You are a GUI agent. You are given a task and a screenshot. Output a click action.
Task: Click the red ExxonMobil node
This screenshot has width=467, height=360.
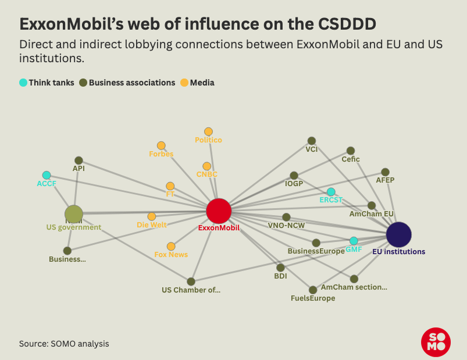(219, 211)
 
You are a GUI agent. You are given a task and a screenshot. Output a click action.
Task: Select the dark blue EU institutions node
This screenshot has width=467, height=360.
(399, 234)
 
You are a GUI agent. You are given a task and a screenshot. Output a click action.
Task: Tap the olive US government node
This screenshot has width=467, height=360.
(74, 214)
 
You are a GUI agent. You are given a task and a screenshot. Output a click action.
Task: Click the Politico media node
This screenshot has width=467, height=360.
(208, 132)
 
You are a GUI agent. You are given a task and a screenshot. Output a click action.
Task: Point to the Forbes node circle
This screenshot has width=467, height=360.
(161, 145)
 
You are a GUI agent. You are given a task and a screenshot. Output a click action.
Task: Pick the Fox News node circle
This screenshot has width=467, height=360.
(171, 247)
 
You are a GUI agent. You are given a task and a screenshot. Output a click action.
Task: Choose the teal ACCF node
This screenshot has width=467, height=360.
(47, 175)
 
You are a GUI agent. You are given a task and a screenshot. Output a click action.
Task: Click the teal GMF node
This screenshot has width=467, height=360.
(354, 241)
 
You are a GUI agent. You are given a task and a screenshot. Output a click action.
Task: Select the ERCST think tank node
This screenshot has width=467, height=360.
(331, 192)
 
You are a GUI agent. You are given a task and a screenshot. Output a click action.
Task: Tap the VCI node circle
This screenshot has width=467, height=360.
(312, 141)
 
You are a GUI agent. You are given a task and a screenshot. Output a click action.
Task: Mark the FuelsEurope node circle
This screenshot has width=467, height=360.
(313, 290)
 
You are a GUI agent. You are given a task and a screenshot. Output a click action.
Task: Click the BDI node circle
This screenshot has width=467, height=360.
(280, 268)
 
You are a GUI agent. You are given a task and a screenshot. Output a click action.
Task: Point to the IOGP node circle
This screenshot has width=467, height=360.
(294, 176)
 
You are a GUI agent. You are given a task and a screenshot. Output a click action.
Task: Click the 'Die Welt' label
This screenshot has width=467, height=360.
(151, 224)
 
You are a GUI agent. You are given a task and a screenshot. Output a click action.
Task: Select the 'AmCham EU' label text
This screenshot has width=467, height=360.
(372, 214)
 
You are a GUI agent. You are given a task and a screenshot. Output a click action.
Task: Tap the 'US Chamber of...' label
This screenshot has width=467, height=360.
(191, 290)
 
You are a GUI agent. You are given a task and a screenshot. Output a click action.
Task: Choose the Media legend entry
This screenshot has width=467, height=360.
(197, 83)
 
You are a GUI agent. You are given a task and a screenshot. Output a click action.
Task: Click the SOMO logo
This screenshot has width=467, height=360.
(436, 343)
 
